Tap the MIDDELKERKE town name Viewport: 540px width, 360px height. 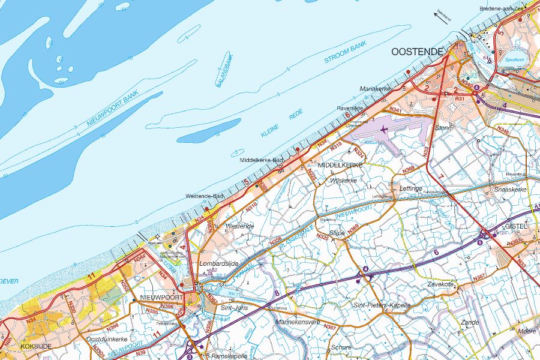[340, 164]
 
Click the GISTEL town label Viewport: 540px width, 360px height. [516, 226]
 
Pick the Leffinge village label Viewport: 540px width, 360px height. [411, 188]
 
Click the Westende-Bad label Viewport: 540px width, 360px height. [205, 196]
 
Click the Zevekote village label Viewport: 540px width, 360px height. [443, 284]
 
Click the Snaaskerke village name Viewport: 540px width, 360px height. [510, 189]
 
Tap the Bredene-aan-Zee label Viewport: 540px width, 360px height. [502, 8]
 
